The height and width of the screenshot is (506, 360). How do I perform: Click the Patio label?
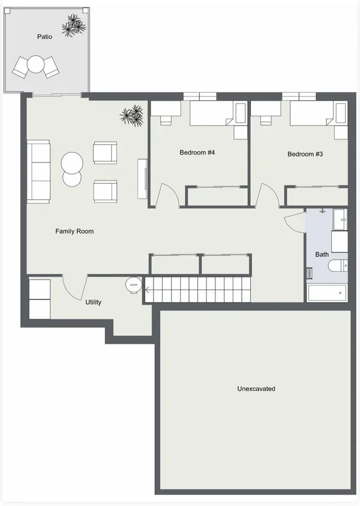click(44, 37)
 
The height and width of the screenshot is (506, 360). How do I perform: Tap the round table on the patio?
click(35, 65)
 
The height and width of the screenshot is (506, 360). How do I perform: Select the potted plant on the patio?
click(74, 25)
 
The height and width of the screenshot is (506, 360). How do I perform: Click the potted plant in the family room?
click(132, 115)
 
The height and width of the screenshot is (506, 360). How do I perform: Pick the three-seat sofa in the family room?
click(38, 171)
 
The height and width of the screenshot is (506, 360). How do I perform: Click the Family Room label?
click(74, 231)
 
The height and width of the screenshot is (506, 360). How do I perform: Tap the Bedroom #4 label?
click(197, 152)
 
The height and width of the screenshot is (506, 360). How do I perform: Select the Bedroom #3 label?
click(305, 154)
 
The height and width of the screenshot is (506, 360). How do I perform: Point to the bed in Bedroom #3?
click(312, 113)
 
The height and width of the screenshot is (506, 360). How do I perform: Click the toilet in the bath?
click(338, 266)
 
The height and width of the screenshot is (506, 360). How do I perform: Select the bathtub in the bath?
click(327, 293)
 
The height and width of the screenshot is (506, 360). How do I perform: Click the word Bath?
click(322, 254)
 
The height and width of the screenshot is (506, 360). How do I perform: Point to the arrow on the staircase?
click(146, 290)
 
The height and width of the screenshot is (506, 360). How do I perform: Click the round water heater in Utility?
click(134, 285)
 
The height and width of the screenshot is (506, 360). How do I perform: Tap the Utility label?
click(94, 302)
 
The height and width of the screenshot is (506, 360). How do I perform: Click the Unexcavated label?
click(256, 388)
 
